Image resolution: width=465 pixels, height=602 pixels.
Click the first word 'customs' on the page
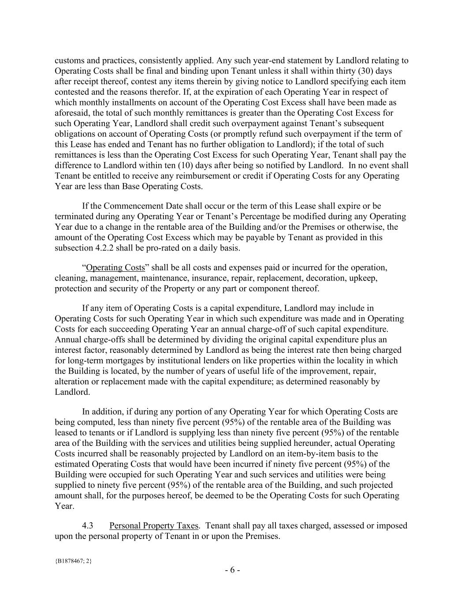69,60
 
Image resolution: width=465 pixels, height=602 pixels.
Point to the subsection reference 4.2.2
102,248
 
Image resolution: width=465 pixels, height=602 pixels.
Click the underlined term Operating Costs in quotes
115,268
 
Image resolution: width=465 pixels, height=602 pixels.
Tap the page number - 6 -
232,570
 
